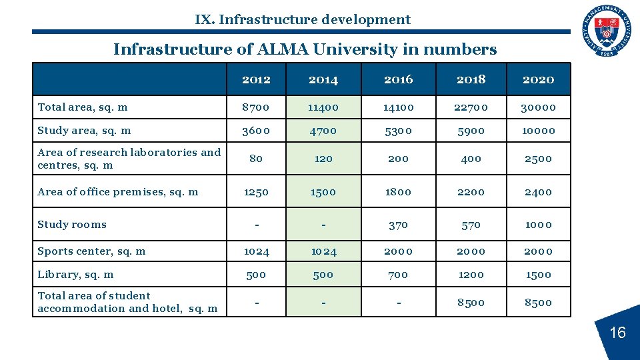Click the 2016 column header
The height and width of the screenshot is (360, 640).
point(398,79)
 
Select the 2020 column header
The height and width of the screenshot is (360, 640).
point(538,79)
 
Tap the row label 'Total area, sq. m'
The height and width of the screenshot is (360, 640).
point(83,107)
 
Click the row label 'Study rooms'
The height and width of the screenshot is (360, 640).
point(72,224)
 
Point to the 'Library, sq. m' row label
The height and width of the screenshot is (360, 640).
point(75,274)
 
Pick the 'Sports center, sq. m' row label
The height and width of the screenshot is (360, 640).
point(91,251)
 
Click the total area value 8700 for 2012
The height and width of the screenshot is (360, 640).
point(256,107)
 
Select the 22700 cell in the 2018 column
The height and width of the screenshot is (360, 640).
point(471,107)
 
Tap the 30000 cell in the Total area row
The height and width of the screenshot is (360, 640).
point(538,107)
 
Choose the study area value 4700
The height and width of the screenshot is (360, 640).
point(323,131)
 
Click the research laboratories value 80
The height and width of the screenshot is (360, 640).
point(256,159)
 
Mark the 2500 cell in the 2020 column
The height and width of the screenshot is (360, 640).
point(538,159)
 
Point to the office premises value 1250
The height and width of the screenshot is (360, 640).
point(256,192)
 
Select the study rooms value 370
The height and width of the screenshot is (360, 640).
point(398,225)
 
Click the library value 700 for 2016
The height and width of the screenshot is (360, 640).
point(398,275)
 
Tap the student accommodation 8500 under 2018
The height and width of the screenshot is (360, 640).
point(471,302)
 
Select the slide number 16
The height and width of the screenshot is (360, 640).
point(617,332)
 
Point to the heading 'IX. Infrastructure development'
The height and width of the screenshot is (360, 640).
point(303,19)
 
